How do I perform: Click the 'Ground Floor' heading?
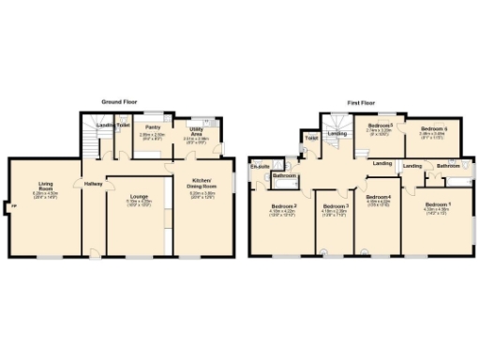[119, 100]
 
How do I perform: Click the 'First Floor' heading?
[360, 100]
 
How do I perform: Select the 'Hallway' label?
[93, 184]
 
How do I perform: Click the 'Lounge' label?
[139, 196]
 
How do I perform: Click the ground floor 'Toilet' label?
[123, 124]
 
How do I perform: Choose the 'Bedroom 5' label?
[380, 125]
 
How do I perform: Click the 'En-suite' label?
[259, 167]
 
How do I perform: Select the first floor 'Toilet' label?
[312, 140]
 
